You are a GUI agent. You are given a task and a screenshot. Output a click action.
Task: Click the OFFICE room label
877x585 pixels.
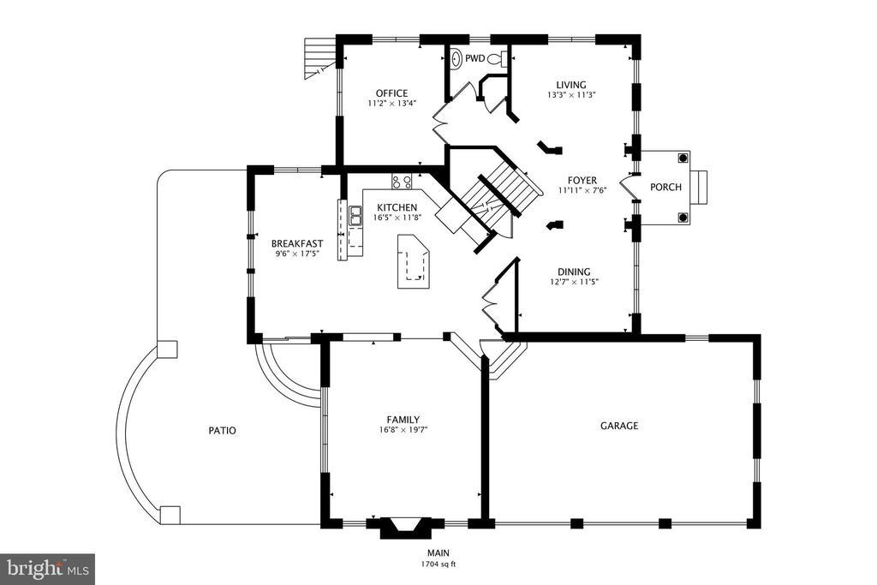pyautogui.click(x=391, y=93)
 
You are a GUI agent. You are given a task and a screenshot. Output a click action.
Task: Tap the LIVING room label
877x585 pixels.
pyautogui.click(x=571, y=85)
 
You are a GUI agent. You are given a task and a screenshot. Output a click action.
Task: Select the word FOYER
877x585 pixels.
pyautogui.click(x=582, y=181)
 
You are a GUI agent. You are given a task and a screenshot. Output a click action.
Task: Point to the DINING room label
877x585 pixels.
pyautogui.click(x=574, y=272)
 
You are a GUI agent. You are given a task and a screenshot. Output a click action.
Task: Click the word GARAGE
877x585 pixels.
pyautogui.click(x=619, y=426)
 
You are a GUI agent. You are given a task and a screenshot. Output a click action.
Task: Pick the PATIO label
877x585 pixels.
pyautogui.click(x=222, y=431)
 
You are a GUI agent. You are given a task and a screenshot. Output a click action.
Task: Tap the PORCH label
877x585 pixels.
pyautogui.click(x=665, y=188)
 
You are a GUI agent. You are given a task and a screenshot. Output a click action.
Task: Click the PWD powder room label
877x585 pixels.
pyautogui.click(x=474, y=58)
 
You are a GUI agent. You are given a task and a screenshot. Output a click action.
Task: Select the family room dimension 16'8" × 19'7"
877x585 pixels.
pyautogui.click(x=403, y=430)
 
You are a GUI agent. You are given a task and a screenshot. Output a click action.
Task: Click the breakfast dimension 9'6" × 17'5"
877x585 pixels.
pyautogui.click(x=297, y=254)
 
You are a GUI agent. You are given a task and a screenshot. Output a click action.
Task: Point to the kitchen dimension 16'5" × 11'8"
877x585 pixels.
pyautogui.click(x=397, y=218)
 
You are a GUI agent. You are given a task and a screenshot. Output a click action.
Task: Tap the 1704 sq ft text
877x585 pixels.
pyautogui.click(x=438, y=564)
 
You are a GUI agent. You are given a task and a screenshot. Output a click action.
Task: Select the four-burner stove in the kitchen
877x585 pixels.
pyautogui.click(x=402, y=181)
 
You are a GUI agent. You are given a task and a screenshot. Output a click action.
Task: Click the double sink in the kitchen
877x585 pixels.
pyautogui.click(x=355, y=216)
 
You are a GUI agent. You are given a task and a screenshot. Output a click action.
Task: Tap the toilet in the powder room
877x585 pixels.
pyautogui.click(x=497, y=58)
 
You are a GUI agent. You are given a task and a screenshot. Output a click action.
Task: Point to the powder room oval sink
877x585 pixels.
pyautogui.click(x=456, y=58)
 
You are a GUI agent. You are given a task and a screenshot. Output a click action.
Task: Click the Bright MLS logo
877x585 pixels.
pyautogui.click(x=48, y=569)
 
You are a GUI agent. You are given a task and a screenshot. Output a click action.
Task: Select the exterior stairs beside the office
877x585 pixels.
pyautogui.click(x=321, y=57)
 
